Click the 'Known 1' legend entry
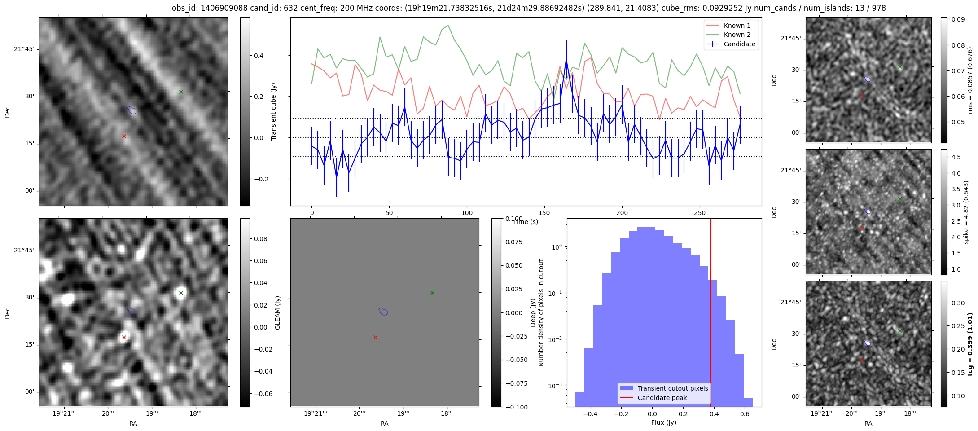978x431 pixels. coord(737,26)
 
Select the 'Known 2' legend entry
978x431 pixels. coord(737,35)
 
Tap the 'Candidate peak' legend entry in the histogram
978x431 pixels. coord(662,398)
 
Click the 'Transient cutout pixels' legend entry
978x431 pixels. coord(672,388)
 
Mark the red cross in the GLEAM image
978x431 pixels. coord(124,337)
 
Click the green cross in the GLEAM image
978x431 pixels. coord(181,293)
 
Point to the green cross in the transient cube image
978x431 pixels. coord(181,92)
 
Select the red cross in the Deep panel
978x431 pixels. coord(375,337)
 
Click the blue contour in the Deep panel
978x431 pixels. coord(383,311)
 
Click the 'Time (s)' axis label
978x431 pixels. coord(526,222)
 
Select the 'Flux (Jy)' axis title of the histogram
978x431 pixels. coord(663,422)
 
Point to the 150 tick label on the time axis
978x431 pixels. coord(544,213)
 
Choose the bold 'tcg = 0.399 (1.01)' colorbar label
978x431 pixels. coord(970,344)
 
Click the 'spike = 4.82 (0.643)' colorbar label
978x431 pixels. coord(966,212)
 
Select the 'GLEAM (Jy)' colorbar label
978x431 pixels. coord(277,312)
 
